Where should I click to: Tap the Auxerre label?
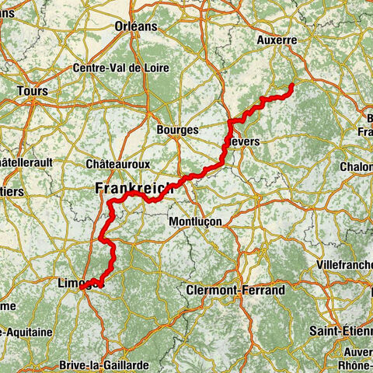(x=277, y=39)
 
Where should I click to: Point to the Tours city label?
(x=32, y=91)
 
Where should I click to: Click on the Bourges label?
(x=177, y=130)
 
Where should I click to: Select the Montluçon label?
(x=195, y=221)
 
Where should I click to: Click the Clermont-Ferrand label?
(x=235, y=290)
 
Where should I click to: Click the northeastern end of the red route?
(x=291, y=85)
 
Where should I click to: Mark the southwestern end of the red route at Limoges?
(x=81, y=287)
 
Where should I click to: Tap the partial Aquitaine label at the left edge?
(x=26, y=332)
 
